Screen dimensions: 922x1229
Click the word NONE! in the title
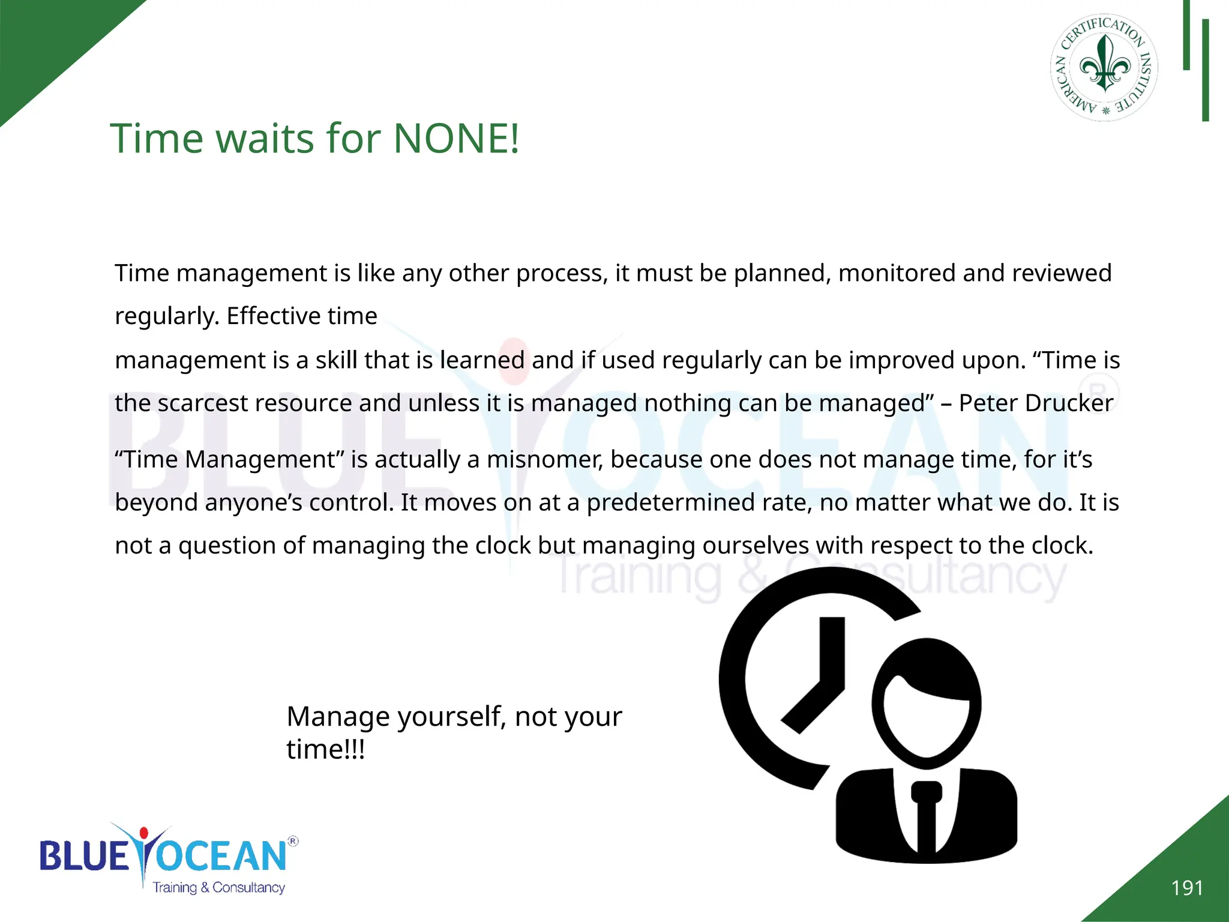pyautogui.click(x=456, y=139)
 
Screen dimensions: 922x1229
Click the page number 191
pyautogui.click(x=1187, y=888)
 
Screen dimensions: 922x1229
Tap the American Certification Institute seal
pyautogui.click(x=1104, y=68)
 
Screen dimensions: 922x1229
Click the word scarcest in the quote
pyautogui.click(x=203, y=403)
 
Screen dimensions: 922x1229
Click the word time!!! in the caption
pyautogui.click(x=325, y=749)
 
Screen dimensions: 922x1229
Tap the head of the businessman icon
pyautogui.click(x=926, y=702)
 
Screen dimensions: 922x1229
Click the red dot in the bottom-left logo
pyautogui.click(x=143, y=833)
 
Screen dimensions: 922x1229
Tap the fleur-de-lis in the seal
pyautogui.click(x=1104, y=64)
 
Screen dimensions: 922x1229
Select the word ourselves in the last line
pyautogui.click(x=756, y=546)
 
